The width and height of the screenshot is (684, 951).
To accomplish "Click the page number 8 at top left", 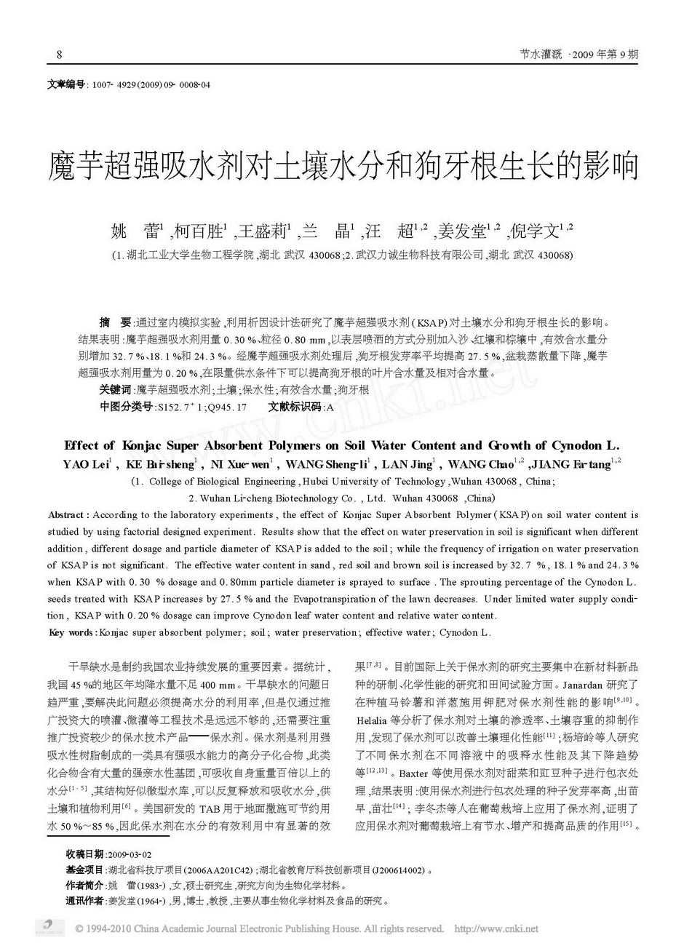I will [x=59, y=55].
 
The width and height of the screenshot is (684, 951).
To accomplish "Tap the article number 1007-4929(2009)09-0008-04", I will [x=148, y=85].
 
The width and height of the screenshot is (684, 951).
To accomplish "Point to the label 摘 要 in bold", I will [x=114, y=322].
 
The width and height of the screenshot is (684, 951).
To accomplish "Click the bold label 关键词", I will [x=116, y=390].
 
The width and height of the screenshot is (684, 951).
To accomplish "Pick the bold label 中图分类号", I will [x=125, y=407].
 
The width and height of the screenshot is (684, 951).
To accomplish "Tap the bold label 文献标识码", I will [x=293, y=407].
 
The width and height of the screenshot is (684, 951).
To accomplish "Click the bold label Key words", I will [x=71, y=633].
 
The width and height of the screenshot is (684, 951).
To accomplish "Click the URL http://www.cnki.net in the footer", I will [x=496, y=929].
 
